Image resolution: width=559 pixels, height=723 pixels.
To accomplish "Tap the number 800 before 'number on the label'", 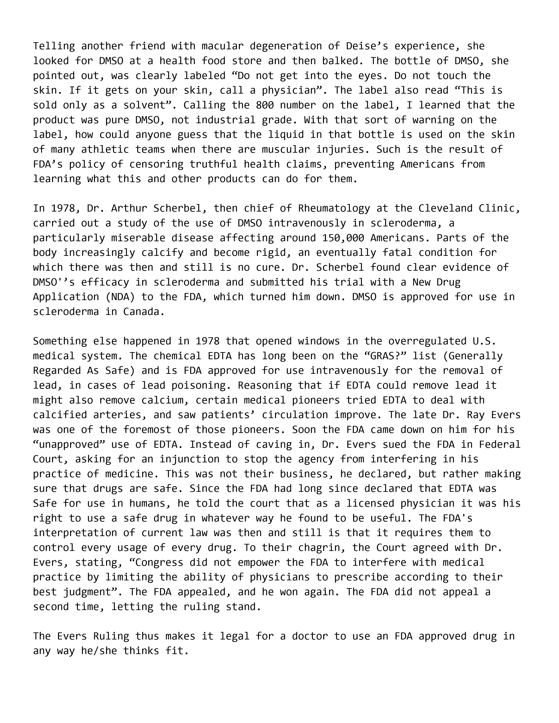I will [x=265, y=105].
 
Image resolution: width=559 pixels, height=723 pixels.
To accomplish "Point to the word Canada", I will [x=144, y=312].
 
